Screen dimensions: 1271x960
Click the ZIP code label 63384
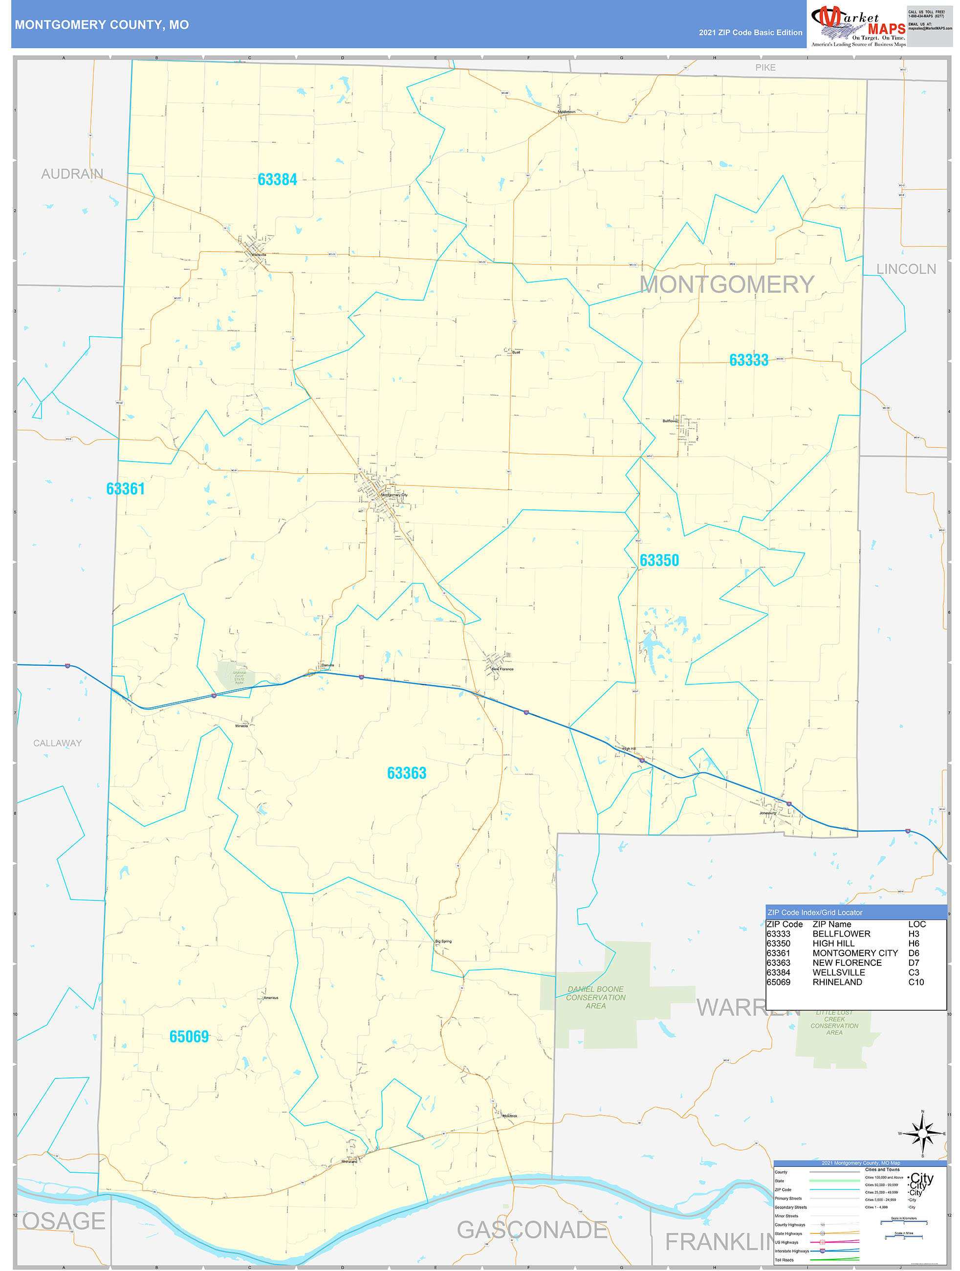(277, 180)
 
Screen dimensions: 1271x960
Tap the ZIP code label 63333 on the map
(748, 360)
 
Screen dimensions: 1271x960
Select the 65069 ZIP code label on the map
(189, 1036)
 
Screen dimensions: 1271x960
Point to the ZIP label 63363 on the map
(406, 773)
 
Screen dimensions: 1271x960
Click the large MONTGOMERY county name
(726, 285)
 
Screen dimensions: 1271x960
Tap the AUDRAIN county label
(72, 174)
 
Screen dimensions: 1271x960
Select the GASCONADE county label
(531, 1230)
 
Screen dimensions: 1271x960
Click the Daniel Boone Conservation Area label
(595, 998)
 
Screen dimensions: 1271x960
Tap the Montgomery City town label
(394, 495)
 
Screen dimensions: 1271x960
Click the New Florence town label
(502, 669)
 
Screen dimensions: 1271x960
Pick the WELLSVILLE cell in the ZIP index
(838, 972)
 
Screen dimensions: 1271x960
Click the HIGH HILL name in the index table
(833, 943)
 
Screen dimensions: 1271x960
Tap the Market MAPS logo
(858, 24)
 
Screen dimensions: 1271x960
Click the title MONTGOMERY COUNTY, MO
(102, 25)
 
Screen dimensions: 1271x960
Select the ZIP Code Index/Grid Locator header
(815, 913)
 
